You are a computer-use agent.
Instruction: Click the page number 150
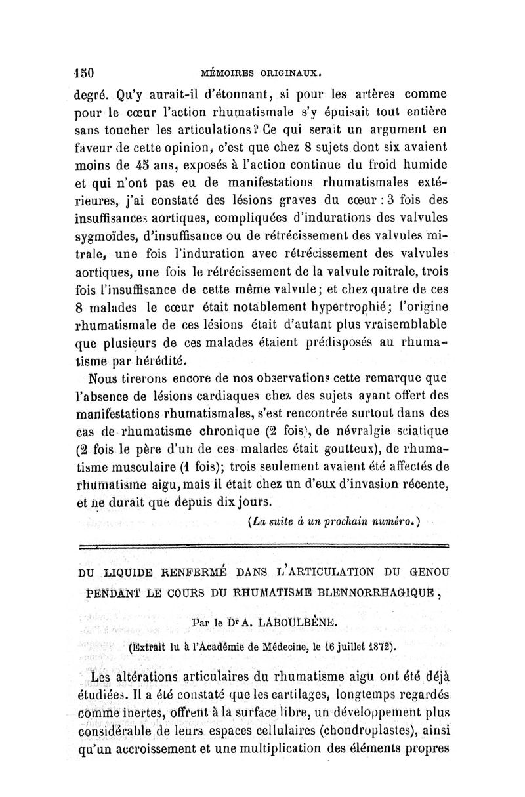(85, 72)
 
